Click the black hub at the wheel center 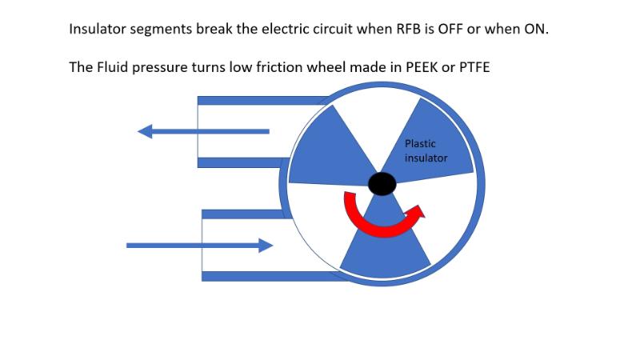point(382,183)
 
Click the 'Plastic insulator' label point(426,151)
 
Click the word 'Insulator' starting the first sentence point(98,30)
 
